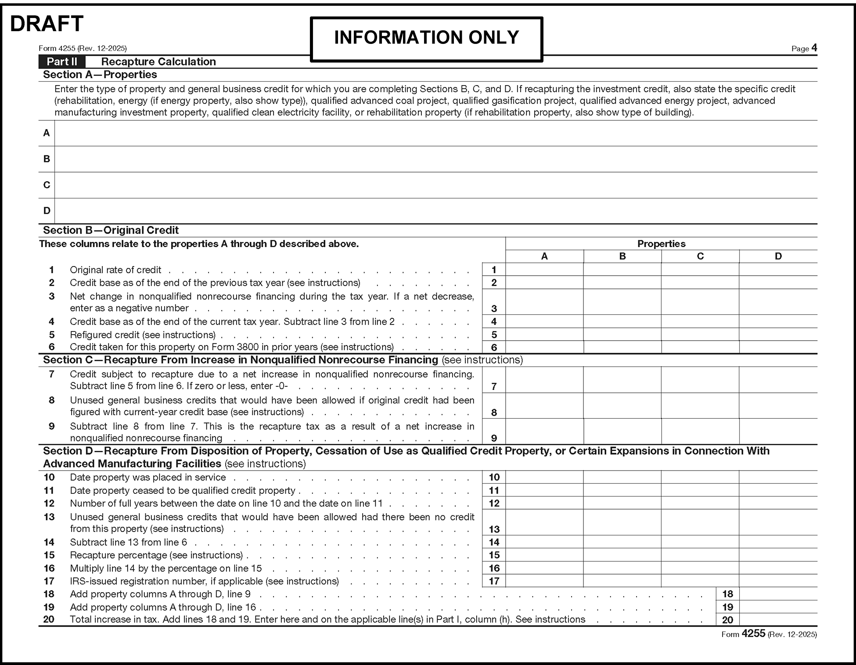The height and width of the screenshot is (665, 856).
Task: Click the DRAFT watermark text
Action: [x=47, y=24]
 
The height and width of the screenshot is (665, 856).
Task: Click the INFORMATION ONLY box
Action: [x=426, y=39]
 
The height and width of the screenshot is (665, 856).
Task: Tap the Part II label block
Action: [x=62, y=62]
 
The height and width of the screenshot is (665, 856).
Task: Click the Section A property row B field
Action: [x=435, y=159]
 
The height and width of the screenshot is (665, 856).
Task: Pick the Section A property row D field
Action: [x=435, y=211]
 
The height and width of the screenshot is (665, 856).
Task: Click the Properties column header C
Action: [x=700, y=256]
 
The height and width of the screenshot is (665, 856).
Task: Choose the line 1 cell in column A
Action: [x=544, y=270]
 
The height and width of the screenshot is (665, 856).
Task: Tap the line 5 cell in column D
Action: [x=778, y=334]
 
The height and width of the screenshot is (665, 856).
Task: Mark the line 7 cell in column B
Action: [x=622, y=380]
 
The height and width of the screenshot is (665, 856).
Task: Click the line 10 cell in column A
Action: [x=544, y=477]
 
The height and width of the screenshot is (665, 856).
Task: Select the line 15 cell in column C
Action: [x=700, y=555]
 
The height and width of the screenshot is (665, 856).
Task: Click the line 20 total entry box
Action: [x=778, y=619]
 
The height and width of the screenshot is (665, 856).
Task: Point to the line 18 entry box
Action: [x=778, y=594]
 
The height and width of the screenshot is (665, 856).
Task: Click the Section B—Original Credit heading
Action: [x=111, y=230]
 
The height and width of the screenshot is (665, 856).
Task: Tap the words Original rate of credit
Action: [x=115, y=270]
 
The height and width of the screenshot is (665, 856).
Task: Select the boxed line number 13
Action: [x=494, y=529]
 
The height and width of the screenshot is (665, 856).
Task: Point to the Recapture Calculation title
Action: [x=158, y=62]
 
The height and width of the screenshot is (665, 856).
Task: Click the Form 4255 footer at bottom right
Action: [x=769, y=634]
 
